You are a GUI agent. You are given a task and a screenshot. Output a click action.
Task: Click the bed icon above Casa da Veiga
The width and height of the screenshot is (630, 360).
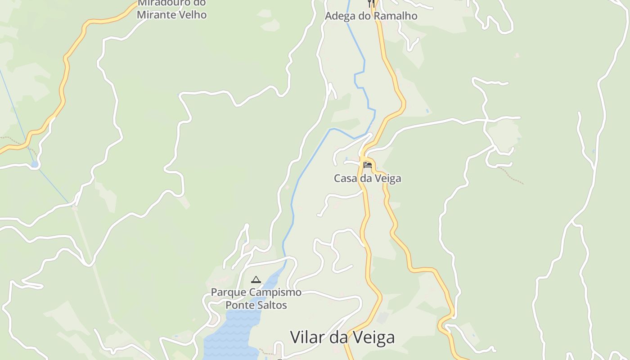click(x=368, y=165)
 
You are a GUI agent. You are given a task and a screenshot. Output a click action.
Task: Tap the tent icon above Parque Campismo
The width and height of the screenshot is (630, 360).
click(x=256, y=279)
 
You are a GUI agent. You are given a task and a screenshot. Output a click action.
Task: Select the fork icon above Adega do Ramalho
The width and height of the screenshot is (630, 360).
click(x=371, y=4)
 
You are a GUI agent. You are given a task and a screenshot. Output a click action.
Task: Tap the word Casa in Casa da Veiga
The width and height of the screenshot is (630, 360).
click(x=344, y=179)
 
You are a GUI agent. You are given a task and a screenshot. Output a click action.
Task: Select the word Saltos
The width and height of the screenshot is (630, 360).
click(x=273, y=305)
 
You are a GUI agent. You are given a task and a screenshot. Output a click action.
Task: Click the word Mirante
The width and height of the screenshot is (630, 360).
click(x=157, y=15)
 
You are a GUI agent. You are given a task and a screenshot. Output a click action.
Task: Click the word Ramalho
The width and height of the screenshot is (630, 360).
click(x=397, y=16)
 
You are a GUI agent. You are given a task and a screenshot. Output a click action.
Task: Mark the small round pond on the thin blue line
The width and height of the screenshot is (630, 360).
click(x=34, y=164)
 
